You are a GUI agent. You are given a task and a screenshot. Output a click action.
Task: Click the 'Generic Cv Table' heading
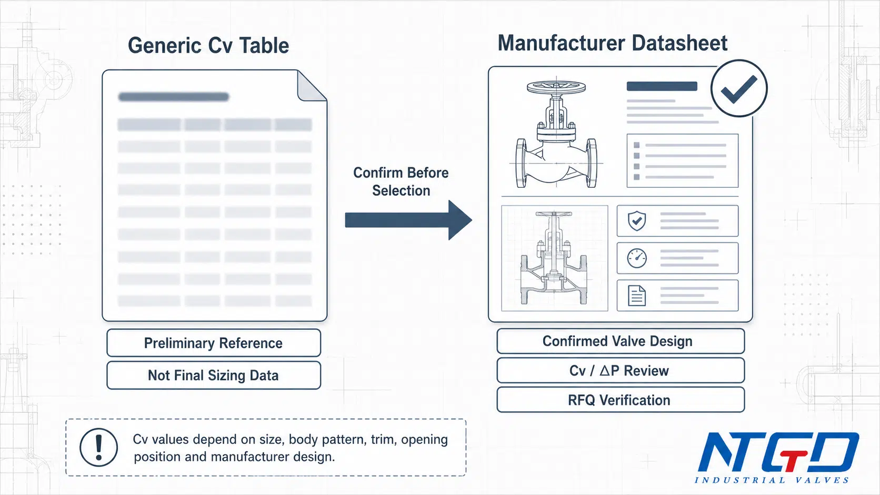[x=208, y=46]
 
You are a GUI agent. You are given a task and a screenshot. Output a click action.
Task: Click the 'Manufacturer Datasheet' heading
[x=613, y=43]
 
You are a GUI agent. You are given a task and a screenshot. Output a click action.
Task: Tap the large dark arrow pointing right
[x=408, y=220]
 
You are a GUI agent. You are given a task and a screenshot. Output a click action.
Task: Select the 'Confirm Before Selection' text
[x=401, y=181]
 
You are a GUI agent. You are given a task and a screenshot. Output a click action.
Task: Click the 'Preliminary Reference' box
[x=214, y=343]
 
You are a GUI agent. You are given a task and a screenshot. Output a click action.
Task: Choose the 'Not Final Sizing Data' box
[x=214, y=375]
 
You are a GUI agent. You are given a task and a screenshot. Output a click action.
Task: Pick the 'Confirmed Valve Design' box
[x=621, y=341]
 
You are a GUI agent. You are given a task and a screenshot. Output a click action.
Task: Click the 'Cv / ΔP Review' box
[x=621, y=370]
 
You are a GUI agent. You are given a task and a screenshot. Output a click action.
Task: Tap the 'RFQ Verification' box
[x=621, y=400]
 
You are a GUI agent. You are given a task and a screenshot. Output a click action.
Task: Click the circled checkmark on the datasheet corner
[x=739, y=88]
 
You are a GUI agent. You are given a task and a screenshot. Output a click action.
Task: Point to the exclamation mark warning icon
[x=98, y=447]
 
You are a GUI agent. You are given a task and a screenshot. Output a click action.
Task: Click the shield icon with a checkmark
[x=637, y=220]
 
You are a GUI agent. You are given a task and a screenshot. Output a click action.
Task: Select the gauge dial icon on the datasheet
[x=637, y=258]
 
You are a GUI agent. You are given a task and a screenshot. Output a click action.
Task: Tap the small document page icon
[x=637, y=296]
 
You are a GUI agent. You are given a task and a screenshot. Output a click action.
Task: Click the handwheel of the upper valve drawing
[x=556, y=87]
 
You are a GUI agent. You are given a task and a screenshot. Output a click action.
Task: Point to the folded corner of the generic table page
[x=312, y=86]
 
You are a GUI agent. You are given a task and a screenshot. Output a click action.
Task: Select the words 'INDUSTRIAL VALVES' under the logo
[x=772, y=480]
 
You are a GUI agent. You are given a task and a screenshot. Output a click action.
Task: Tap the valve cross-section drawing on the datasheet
[x=554, y=258]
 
